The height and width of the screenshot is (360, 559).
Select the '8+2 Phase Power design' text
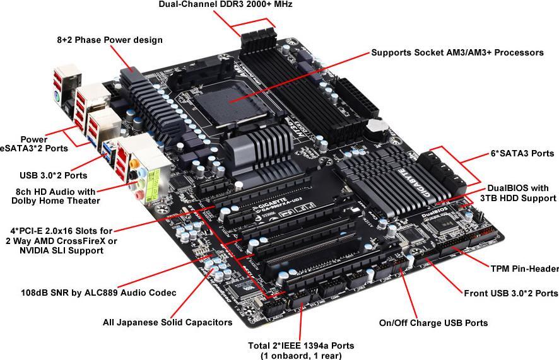[109, 40]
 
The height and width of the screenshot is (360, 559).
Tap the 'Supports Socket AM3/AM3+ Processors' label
[457, 53]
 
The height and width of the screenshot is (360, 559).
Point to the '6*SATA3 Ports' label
[522, 153]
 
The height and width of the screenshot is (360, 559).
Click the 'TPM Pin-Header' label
[524, 269]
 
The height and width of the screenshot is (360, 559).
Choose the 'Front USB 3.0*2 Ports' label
[510, 293]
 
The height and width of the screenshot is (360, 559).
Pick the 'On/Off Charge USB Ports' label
[433, 323]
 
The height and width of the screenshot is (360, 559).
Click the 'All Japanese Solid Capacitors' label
[167, 322]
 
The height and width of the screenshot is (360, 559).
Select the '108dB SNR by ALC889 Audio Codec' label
[98, 293]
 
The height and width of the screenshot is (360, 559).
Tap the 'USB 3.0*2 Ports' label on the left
[52, 175]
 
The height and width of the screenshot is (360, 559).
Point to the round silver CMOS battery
[377, 126]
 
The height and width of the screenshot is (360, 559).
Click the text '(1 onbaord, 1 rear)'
[300, 356]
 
